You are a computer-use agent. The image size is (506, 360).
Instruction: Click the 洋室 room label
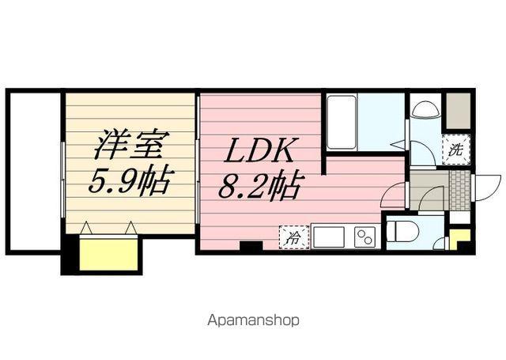pyautogui.click(x=130, y=148)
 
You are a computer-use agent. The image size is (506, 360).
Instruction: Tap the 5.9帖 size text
pyautogui.click(x=129, y=183)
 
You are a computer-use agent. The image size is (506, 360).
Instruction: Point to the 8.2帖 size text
pyautogui.click(x=259, y=187)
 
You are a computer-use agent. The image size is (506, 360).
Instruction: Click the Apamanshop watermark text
pyautogui.click(x=253, y=321)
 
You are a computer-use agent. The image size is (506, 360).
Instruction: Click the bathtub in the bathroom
pyautogui.click(x=342, y=123)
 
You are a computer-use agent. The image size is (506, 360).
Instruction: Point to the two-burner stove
pyautogui.click(x=364, y=237)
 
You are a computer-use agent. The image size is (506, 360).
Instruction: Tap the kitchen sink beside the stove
pyautogui.click(x=330, y=237)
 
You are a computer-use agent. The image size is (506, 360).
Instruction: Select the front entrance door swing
pyautogui.click(x=486, y=188)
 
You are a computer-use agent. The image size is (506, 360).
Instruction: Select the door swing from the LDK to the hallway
pyautogui.click(x=394, y=195)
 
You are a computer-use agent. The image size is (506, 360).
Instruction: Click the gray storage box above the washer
pyautogui.click(x=457, y=112)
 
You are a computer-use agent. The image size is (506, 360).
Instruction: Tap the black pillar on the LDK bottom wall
pyautogui.click(x=251, y=247)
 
